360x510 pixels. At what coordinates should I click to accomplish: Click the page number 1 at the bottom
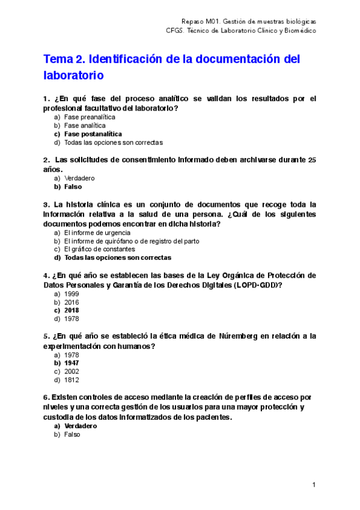(x=314, y=485)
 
